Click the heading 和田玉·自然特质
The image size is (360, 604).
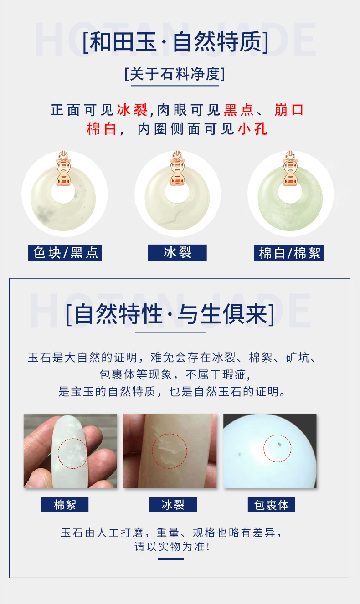175,43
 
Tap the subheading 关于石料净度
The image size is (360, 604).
175,74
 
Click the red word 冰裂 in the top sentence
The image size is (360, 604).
132,110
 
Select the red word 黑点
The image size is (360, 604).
238,110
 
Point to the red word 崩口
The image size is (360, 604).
289,110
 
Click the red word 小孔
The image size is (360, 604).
252,129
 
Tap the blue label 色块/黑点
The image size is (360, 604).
65,253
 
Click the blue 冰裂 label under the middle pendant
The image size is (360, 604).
177,252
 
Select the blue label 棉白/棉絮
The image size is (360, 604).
289,253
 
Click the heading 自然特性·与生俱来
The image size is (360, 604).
170,314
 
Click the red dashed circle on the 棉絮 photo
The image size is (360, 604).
72,454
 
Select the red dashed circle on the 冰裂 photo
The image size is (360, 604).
169,451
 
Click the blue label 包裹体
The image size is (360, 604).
272,505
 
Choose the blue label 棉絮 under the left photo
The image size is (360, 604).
65,505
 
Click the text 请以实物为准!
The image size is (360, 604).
171,546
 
